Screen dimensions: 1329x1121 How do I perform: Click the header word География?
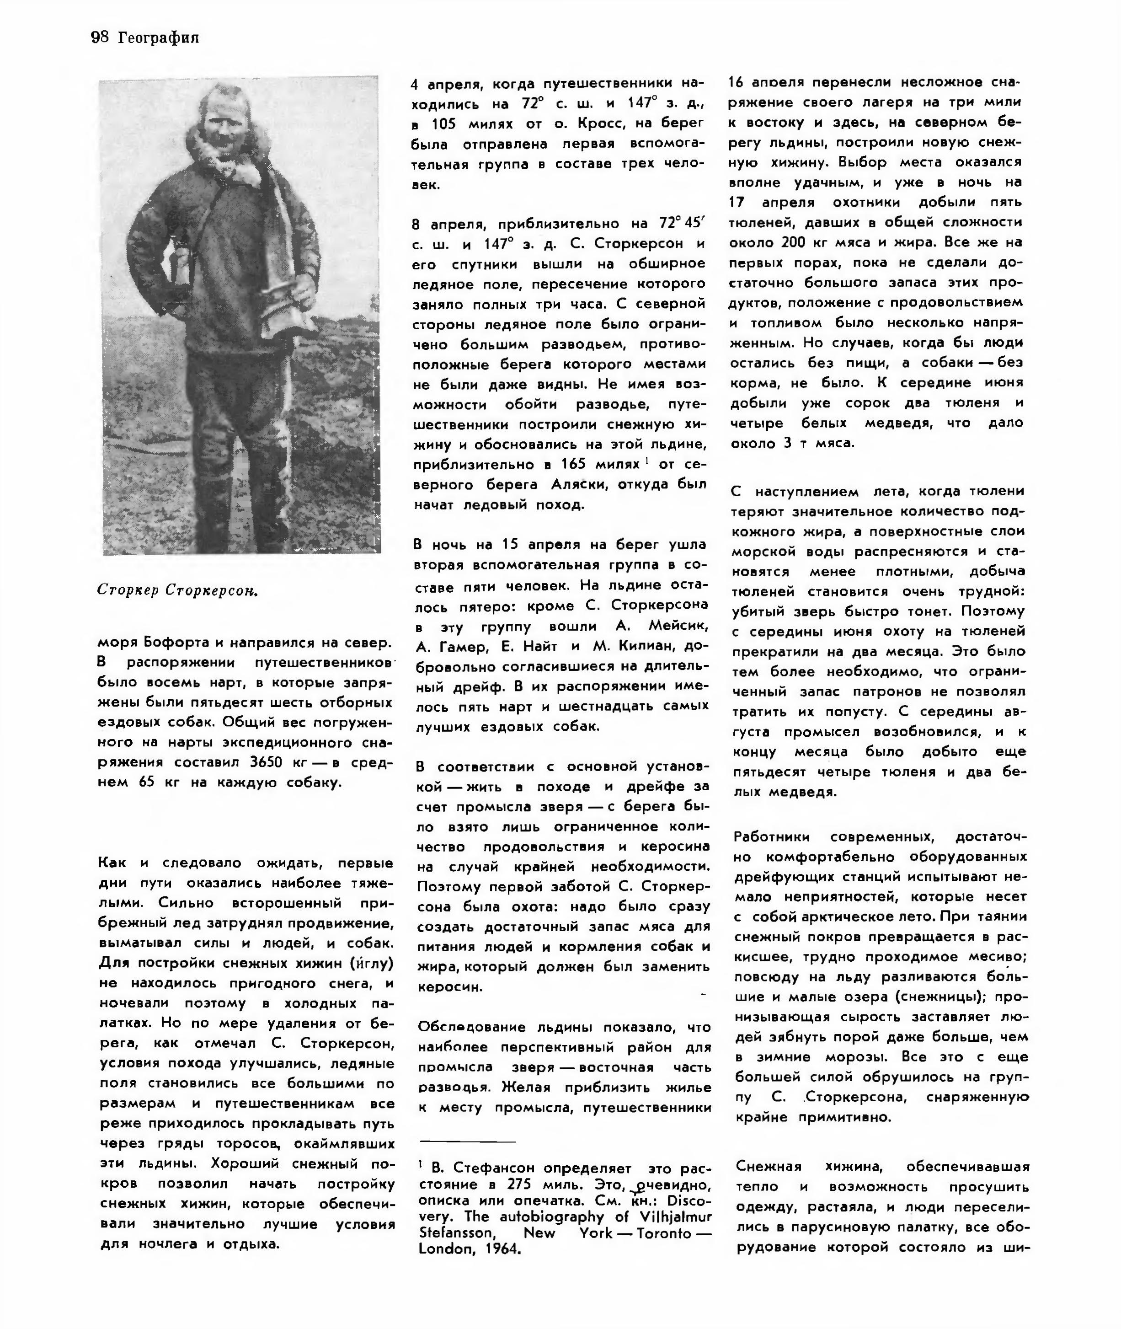coord(158,38)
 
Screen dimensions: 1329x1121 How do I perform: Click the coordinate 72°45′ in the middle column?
coord(679,224)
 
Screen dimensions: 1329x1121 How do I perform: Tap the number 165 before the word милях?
coord(573,464)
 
